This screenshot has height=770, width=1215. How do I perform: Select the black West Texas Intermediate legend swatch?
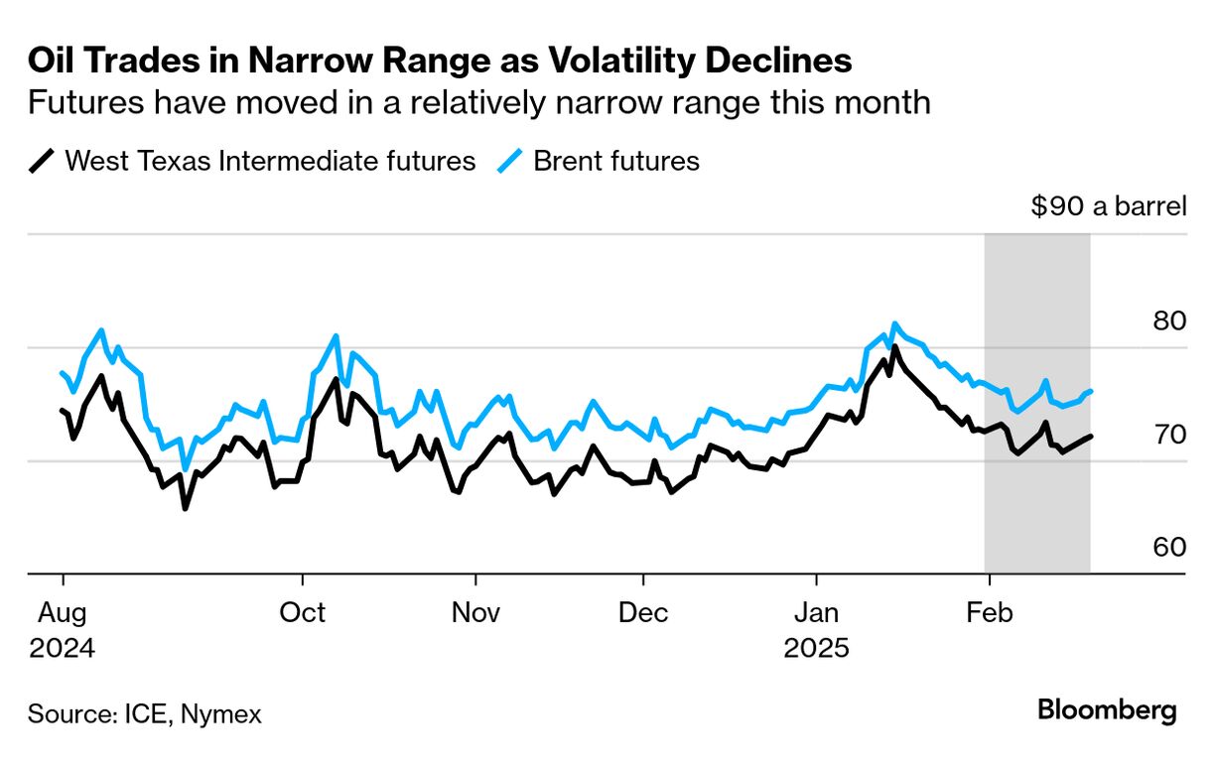click(42, 161)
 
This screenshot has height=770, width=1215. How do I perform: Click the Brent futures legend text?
click(616, 161)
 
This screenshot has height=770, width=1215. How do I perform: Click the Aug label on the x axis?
click(63, 613)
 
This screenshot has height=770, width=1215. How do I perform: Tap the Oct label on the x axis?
click(302, 613)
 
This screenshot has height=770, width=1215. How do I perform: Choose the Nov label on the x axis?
click(475, 613)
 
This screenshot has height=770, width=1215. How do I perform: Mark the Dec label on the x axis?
click(643, 613)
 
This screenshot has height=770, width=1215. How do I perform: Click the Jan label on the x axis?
click(816, 613)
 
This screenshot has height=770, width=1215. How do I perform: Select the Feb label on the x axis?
click(989, 613)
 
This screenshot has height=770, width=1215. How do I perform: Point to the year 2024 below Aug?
click(63, 649)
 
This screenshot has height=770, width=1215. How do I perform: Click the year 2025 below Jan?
click(816, 649)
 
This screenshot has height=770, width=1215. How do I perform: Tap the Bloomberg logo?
click(1107, 710)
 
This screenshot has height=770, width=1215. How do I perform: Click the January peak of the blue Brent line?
click(894, 323)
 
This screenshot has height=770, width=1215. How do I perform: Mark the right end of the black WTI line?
click(1091, 436)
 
